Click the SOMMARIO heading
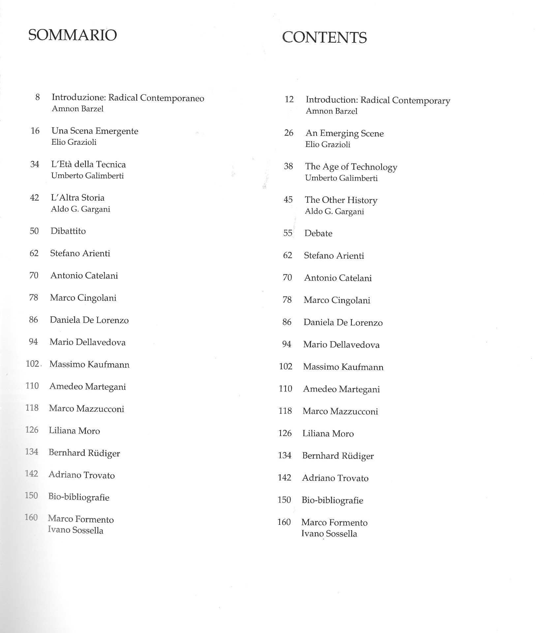(x=73, y=35)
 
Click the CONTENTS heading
(x=324, y=37)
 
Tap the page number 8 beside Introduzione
(x=38, y=97)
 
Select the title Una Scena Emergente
(x=95, y=131)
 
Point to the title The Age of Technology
(x=351, y=167)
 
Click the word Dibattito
(x=68, y=231)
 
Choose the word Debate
(x=318, y=233)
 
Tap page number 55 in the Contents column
(x=287, y=233)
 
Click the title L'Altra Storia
(x=77, y=197)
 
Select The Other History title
(x=341, y=200)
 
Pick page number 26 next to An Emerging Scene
(x=288, y=133)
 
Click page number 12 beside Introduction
(x=289, y=99)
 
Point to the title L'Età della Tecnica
(x=88, y=164)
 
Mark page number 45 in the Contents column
(x=288, y=200)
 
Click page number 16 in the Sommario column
(x=35, y=131)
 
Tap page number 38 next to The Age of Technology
(x=288, y=166)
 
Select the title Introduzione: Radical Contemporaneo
(x=128, y=98)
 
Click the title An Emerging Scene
(x=345, y=133)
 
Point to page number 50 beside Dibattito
(x=34, y=231)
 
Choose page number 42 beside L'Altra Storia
(x=34, y=197)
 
